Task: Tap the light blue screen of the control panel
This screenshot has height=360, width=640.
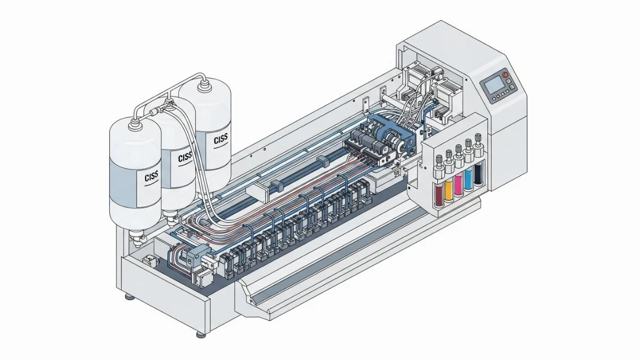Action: point(494,85)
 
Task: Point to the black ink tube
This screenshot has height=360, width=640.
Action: point(478,174)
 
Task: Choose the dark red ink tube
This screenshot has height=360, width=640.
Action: point(439,195)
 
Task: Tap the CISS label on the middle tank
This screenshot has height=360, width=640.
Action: point(185,157)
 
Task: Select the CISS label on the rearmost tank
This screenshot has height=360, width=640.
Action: point(221,139)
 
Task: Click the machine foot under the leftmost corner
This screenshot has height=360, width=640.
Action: point(130,297)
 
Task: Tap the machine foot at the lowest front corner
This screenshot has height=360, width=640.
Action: point(201,334)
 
